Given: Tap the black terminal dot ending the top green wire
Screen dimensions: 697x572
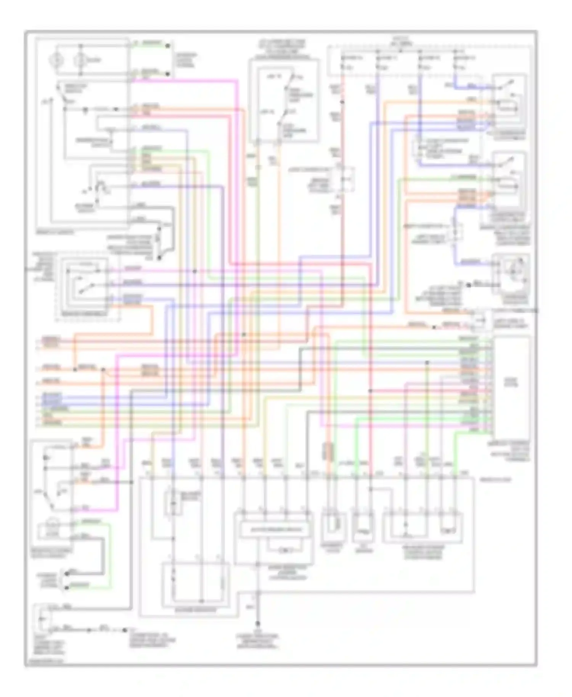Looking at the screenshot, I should point(167,46).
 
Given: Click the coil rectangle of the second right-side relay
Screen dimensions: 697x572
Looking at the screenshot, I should point(508,187).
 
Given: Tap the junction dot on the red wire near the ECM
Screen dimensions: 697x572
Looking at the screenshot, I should point(370,391).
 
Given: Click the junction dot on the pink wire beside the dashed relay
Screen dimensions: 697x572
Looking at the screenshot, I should point(194,271).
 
